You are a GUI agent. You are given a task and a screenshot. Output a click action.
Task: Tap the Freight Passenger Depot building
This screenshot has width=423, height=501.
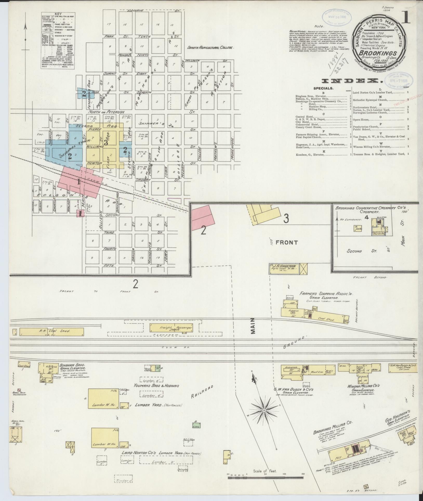(x=172, y=328)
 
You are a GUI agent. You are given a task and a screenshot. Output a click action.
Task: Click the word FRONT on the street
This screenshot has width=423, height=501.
(x=287, y=242)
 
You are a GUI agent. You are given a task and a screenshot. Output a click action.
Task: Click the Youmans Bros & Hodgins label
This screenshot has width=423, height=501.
(x=156, y=393)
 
